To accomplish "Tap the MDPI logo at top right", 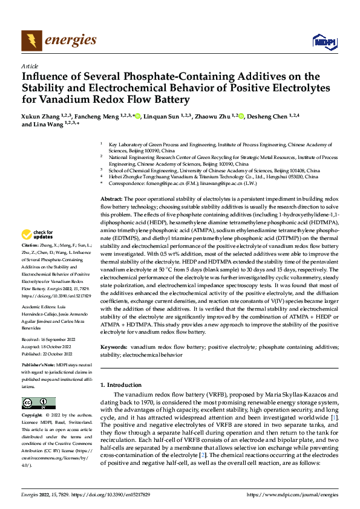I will click(323, 41).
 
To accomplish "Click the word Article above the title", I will click(29, 66).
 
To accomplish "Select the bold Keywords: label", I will click(113, 348).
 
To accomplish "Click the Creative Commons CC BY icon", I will click(38, 403).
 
